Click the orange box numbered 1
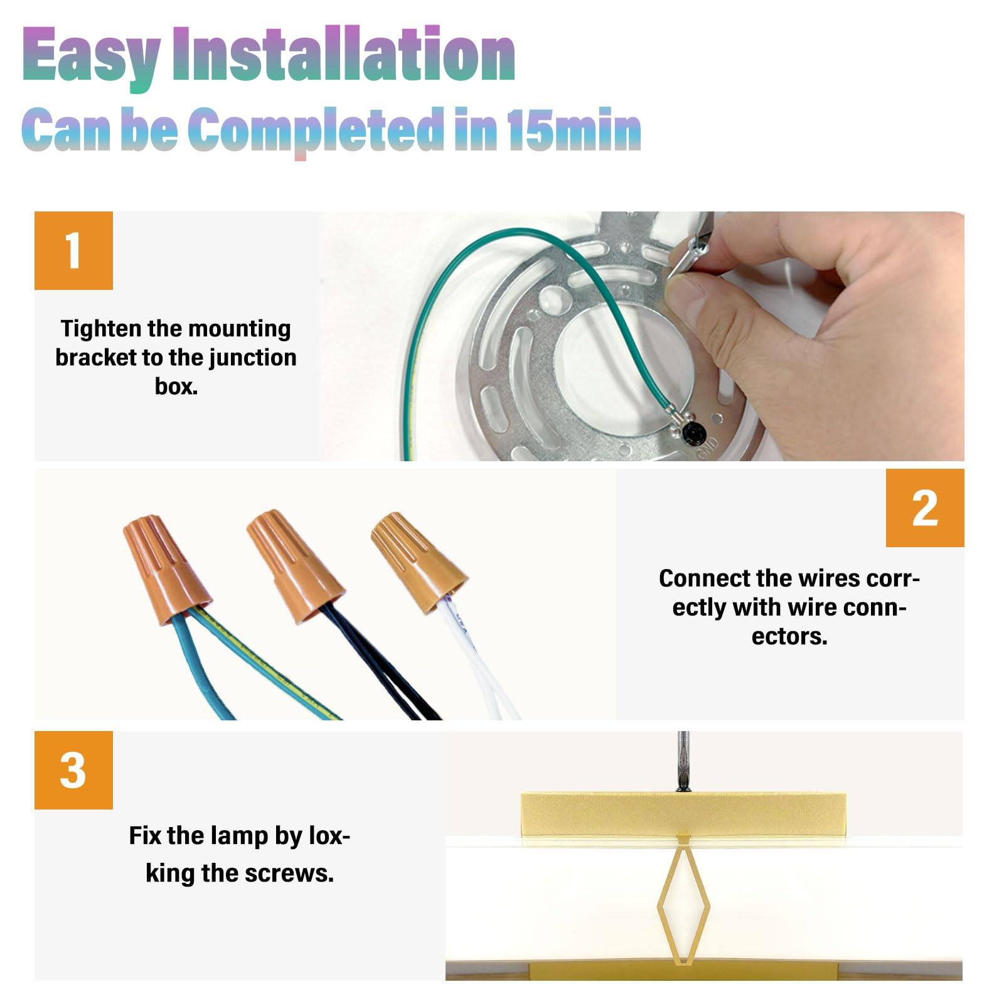(73, 250)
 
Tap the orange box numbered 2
(925, 508)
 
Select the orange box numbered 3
(73, 770)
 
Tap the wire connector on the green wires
(166, 568)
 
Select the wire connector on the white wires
(419, 562)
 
